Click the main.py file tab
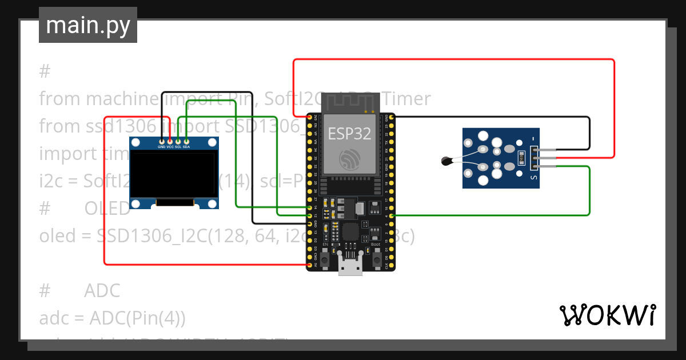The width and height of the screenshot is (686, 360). click(88, 25)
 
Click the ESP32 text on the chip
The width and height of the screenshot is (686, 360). click(349, 133)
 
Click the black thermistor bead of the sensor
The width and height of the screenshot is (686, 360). click(446, 161)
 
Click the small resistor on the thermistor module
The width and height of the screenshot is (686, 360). click(520, 157)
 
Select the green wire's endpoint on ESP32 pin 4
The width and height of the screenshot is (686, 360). click(391, 215)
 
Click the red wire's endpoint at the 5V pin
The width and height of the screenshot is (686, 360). click(309, 265)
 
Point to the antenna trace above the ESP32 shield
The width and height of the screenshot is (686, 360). click(349, 103)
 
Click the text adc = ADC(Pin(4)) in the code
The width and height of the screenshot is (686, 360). click(113, 318)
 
